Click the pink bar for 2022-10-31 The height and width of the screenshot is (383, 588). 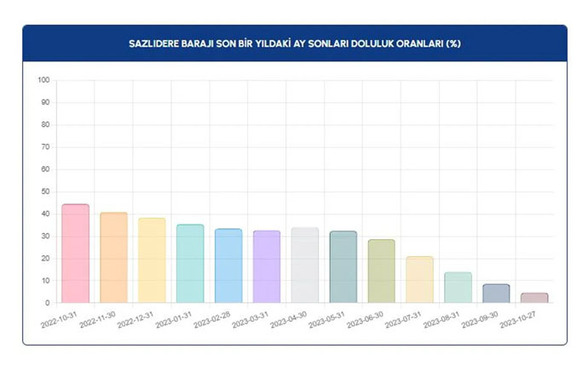coord(75,254)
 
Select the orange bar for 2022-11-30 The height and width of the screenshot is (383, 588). coord(113,258)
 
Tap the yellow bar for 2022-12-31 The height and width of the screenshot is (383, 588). coord(152,260)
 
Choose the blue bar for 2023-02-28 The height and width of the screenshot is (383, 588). coord(228,266)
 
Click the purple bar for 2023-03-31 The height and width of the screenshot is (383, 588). coord(267,266)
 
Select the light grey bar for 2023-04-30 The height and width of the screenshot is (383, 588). coord(305,265)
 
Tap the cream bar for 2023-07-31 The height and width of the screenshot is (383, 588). coord(420,279)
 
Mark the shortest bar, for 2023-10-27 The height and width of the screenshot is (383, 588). coord(534,298)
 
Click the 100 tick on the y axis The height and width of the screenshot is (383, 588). coord(43,81)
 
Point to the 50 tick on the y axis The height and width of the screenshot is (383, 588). coord(45,191)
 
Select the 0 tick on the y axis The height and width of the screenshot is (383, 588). coord(48,303)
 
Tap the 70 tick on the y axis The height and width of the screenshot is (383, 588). coord(45,147)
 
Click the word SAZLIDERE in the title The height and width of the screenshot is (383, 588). coord(156,43)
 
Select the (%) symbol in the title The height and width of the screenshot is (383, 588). coord(453,43)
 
